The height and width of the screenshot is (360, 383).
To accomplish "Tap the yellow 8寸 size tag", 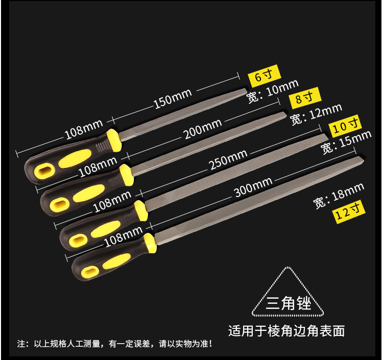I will [305, 98].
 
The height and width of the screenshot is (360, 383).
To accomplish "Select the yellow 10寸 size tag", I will [346, 126].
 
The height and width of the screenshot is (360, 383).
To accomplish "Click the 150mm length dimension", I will [172, 99].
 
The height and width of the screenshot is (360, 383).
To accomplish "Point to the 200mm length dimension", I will [203, 129].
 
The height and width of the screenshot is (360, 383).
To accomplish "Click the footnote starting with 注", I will [114, 344].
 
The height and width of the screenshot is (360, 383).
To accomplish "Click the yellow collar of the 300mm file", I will [149, 243].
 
